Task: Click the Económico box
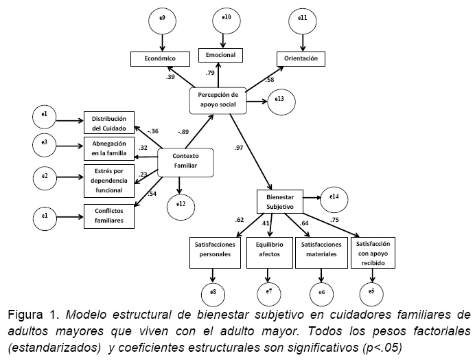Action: pyautogui.click(x=160, y=59)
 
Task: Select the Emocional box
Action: pyautogui.click(x=227, y=54)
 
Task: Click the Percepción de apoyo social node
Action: pyautogui.click(x=218, y=100)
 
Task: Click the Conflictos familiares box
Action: pyautogui.click(x=108, y=216)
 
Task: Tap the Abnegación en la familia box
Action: pyautogui.click(x=108, y=148)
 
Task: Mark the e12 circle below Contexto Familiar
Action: pyautogui.click(x=181, y=204)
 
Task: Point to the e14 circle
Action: pyautogui.click(x=334, y=199)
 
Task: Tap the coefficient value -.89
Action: pyautogui.click(x=183, y=132)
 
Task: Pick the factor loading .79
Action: pyautogui.click(x=211, y=72)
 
